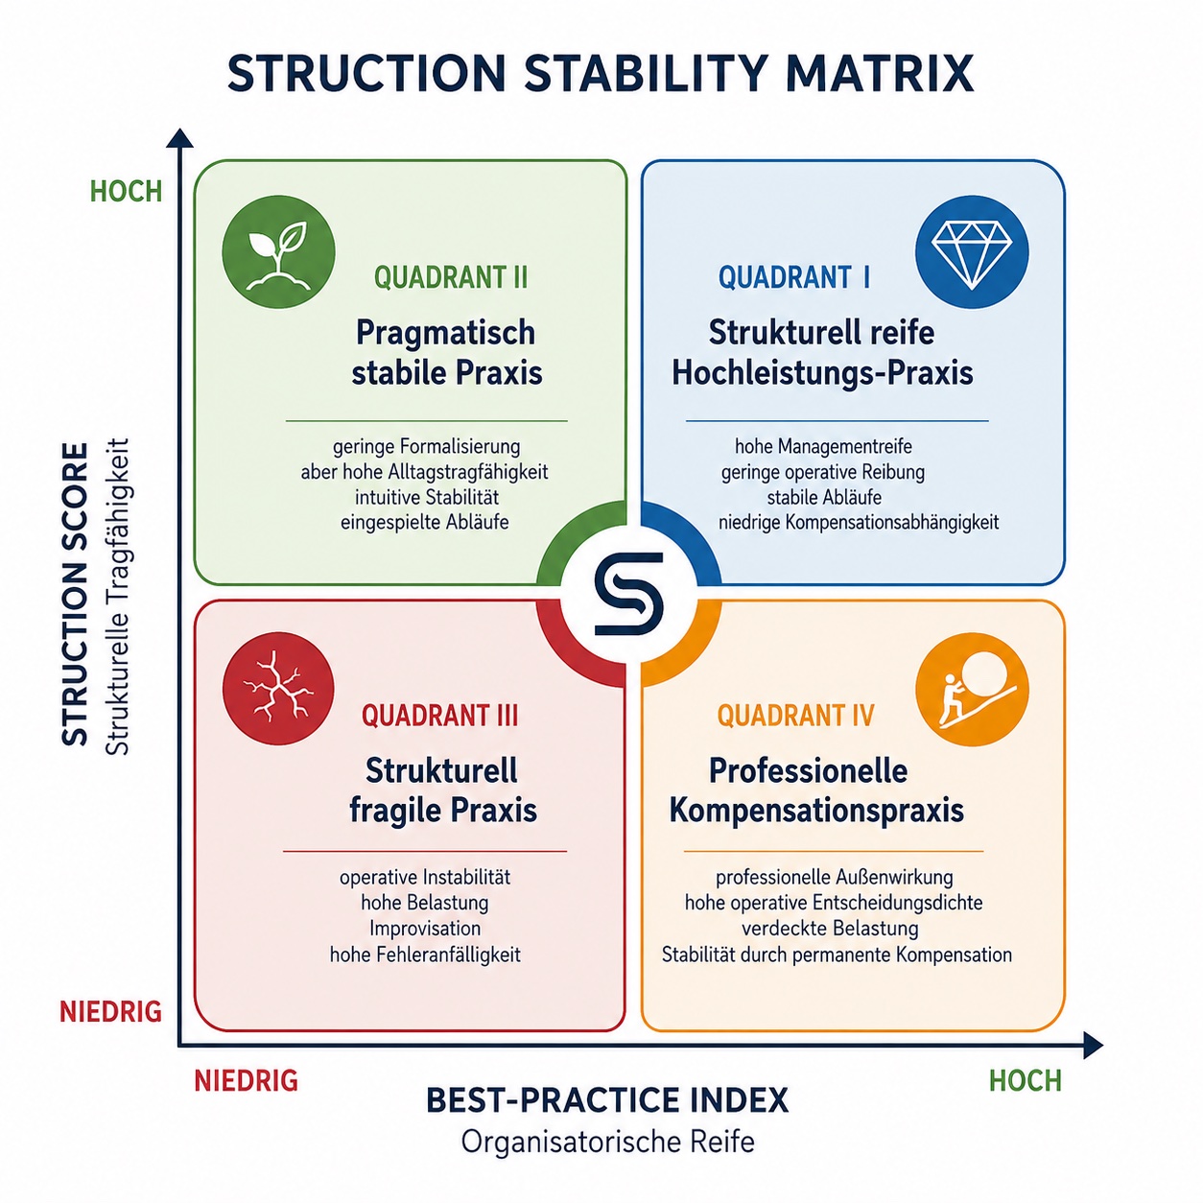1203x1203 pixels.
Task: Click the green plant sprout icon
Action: [278, 251]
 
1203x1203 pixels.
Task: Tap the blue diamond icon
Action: [972, 251]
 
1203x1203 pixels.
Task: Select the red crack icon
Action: [278, 688]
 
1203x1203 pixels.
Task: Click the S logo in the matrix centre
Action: [628, 594]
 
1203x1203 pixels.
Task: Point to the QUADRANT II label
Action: [451, 277]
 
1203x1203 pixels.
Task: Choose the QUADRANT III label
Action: [439, 716]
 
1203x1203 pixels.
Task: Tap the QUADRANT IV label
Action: [795, 716]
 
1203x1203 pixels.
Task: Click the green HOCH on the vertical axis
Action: [126, 191]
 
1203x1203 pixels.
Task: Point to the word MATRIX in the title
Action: [881, 74]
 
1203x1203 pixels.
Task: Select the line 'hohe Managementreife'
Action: [823, 446]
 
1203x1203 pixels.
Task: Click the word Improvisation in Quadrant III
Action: [425, 929]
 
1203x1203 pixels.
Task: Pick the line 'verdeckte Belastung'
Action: [831, 929]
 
